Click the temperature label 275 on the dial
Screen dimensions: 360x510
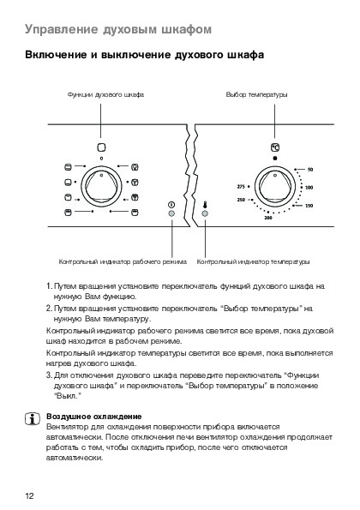click(241, 187)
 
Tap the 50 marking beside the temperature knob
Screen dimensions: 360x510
click(310, 170)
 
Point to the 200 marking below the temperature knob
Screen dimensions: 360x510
click(268, 218)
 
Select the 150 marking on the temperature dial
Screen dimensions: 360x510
click(309, 206)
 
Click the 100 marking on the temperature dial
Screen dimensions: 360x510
click(309, 188)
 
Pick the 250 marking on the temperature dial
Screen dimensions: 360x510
click(241, 200)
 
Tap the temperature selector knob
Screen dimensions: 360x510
click(275, 187)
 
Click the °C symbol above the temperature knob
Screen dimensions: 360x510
click(275, 147)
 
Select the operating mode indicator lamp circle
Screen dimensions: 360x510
click(171, 213)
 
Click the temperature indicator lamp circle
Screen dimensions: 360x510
click(205, 213)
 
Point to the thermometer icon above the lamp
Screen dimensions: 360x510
click(205, 205)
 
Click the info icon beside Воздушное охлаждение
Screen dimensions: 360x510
click(33, 419)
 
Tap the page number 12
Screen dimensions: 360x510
click(29, 495)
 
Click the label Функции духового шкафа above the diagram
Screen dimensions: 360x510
click(105, 94)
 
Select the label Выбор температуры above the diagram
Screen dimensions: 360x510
click(257, 94)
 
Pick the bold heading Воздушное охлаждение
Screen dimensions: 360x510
click(94, 417)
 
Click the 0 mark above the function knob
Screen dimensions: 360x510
click(101, 159)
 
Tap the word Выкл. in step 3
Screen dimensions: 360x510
click(68, 396)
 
